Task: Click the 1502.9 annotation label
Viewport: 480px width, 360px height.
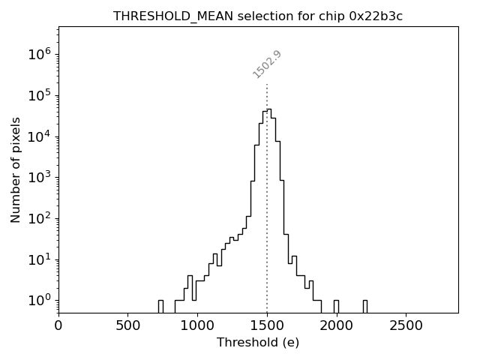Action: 267,64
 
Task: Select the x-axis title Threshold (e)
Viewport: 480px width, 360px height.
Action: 258,343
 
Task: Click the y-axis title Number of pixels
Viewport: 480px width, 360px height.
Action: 16,169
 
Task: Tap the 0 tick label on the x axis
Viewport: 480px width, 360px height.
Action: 58,326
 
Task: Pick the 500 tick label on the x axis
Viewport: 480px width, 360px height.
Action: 128,326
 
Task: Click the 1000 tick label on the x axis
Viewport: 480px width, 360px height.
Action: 197,326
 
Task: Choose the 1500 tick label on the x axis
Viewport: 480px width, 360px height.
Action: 267,326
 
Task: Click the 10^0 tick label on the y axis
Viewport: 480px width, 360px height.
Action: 39,301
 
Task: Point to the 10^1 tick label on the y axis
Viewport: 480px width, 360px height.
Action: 39,259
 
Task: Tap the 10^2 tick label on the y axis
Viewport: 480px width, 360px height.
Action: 39,218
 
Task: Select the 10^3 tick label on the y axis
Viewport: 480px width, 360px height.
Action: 39,177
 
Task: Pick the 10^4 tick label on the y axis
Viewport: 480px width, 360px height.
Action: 39,136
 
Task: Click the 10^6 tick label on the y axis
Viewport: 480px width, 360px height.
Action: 39,54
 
